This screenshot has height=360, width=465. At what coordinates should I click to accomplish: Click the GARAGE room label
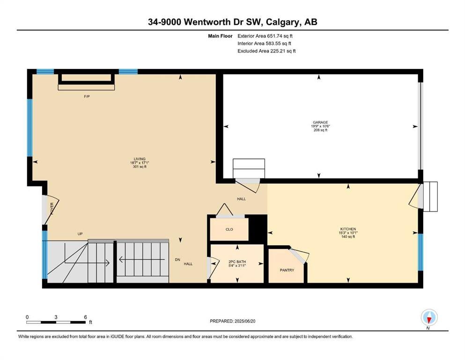coord(320,122)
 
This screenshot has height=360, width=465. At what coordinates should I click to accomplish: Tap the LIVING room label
coord(140,159)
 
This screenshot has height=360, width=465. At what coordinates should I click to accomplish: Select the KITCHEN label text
coord(348,229)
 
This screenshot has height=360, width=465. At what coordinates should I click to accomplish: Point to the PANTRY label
coord(287,270)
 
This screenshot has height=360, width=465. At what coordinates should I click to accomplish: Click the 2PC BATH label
coord(237,262)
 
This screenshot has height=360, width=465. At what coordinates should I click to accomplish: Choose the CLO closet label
coord(229,229)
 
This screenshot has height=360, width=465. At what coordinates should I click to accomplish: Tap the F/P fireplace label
coord(87,97)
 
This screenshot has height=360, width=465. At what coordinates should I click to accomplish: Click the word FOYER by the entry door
coord(52,208)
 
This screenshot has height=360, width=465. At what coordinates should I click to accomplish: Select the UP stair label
coord(80,234)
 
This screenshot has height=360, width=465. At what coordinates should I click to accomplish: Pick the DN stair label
coord(177,260)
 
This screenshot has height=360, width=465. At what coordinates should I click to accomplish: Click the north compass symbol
coord(429,317)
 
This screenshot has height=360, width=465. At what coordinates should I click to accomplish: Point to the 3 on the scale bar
coord(56,317)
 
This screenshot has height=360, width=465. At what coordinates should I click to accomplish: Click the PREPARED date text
coord(232,321)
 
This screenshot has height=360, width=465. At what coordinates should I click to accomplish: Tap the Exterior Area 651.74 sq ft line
coord(265,36)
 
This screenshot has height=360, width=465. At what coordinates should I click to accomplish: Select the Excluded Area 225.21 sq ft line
coord(266,51)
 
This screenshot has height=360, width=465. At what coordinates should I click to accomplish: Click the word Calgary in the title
coord(283,22)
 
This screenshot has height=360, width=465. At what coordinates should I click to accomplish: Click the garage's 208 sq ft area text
coord(320,130)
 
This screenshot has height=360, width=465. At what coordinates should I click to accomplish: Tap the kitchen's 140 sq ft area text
coord(348,237)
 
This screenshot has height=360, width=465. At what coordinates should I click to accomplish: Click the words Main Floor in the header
coord(220,36)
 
